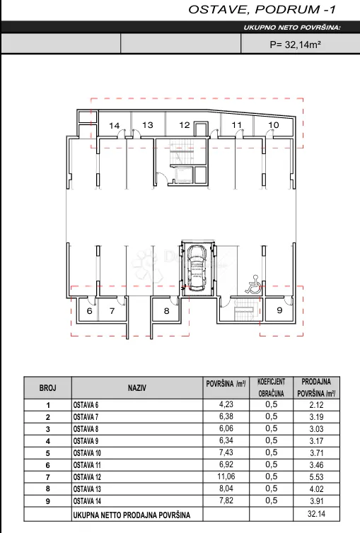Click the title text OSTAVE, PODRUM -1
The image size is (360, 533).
coord(262,9)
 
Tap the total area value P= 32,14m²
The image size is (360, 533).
coord(295,45)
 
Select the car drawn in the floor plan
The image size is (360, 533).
coord(198,268)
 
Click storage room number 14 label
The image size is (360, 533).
coord(114,126)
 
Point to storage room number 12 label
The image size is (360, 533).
coord(185,125)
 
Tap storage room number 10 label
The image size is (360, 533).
coord(274,125)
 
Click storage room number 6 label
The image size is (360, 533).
coord(89,311)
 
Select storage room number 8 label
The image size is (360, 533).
coord(166,311)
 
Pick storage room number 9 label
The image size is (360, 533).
coord(279,310)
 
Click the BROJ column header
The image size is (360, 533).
coord(47,388)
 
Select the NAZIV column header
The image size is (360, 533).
coord(137,388)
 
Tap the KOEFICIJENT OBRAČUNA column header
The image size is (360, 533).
coord(272,387)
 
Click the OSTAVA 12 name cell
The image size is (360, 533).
coord(87,477)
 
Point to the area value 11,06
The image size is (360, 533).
coord(226,476)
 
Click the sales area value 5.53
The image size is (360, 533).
coord(316,477)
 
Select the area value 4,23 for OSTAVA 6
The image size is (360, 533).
coord(226,404)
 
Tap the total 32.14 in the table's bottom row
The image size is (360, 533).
coord(316,513)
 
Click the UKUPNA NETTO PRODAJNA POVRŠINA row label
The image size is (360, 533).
coord(132,515)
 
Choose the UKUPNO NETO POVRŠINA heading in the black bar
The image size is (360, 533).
coord(292,28)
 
